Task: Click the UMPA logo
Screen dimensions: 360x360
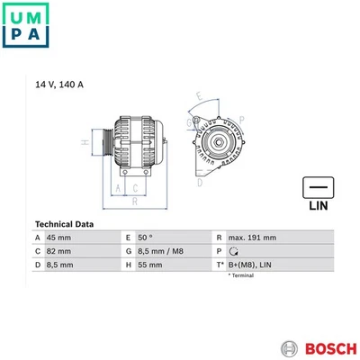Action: (25, 25)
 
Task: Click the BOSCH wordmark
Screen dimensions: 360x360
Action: (331, 348)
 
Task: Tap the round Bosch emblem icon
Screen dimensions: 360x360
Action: (290, 348)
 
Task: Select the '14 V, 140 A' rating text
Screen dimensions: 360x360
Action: (59, 85)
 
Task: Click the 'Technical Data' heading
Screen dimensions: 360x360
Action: (64, 224)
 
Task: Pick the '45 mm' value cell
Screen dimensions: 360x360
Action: (58, 238)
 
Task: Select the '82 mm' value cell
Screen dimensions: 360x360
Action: (58, 251)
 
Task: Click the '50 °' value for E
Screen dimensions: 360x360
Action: (145, 238)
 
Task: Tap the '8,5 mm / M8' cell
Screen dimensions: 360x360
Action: (160, 251)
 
